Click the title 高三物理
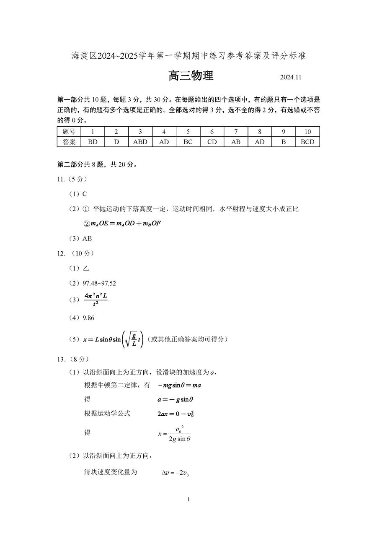coord(191,76)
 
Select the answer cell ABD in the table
coord(140,142)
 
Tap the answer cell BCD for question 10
coord(307,142)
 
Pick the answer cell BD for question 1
coord(93,142)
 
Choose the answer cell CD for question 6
coord(212,142)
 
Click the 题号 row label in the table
coord(69,132)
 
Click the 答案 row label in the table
coord(69,142)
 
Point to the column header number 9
coord(284,132)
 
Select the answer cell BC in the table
coord(188,142)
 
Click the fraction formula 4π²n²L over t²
coord(96,300)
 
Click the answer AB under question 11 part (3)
coord(87,238)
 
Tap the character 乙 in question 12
coord(86,268)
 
